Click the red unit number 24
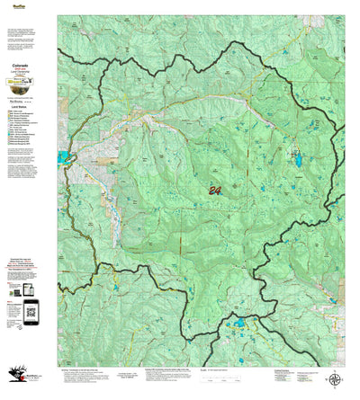pos(214,190)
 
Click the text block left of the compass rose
pos(297,378)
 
